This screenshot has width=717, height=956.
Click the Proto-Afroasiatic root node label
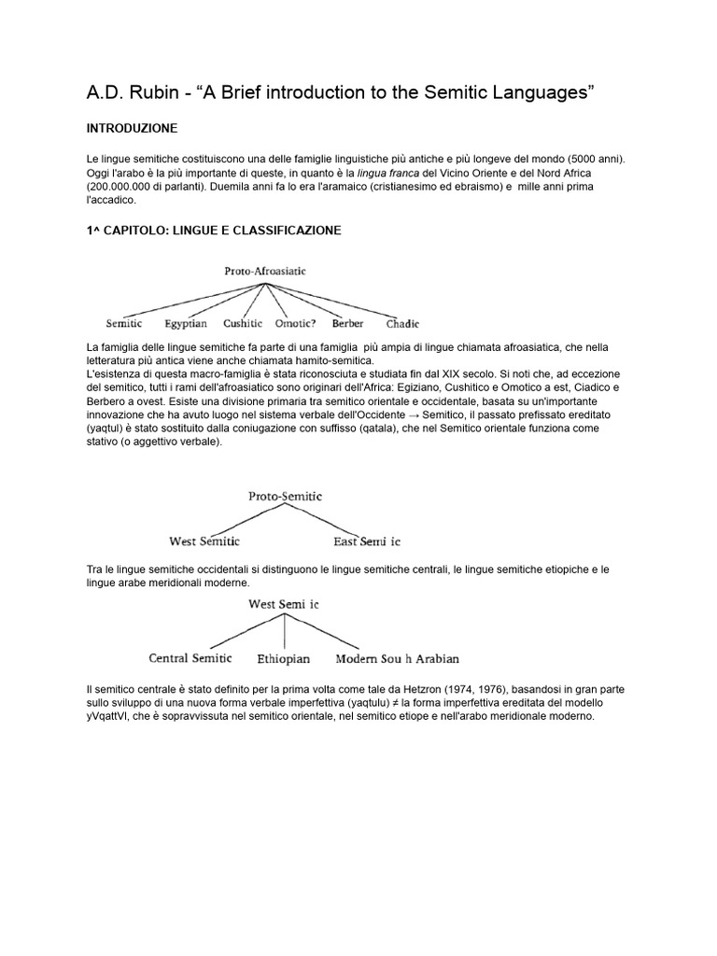(x=265, y=272)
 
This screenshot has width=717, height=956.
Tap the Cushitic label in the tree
(x=243, y=324)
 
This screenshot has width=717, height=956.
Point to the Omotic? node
(x=297, y=324)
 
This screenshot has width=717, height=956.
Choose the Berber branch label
(x=347, y=324)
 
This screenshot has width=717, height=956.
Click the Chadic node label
(x=403, y=325)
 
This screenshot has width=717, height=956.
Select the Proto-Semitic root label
(x=285, y=497)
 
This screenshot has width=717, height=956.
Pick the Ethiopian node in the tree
(x=285, y=657)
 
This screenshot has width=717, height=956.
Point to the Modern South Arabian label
(x=397, y=657)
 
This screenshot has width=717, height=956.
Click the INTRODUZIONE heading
(x=129, y=127)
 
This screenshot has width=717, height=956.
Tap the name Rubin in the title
(x=144, y=91)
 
